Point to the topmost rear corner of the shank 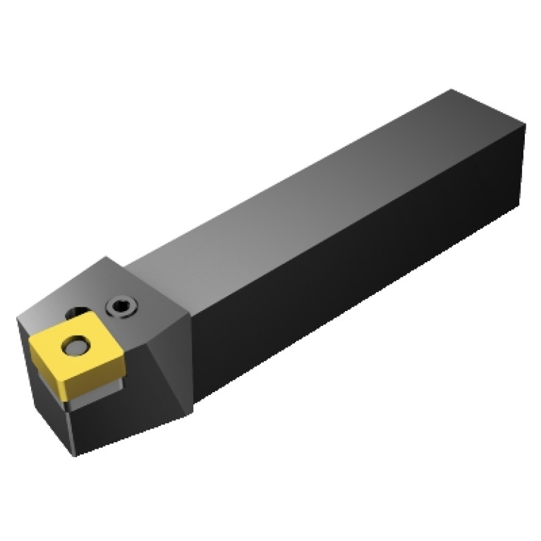[452, 90]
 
